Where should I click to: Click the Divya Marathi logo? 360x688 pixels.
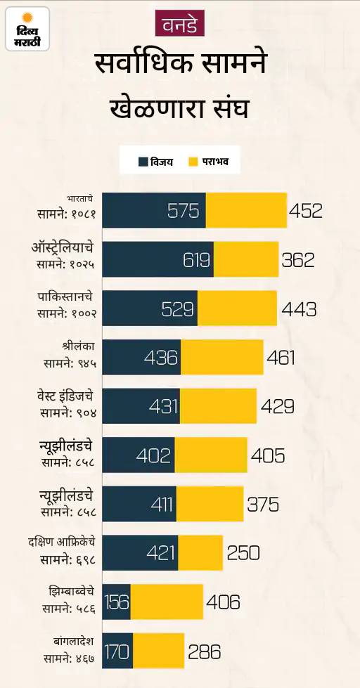point(27,29)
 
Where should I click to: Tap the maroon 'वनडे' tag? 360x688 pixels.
point(180,22)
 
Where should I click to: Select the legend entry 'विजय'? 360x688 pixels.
point(155,162)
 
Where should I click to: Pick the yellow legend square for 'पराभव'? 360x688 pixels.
point(193,162)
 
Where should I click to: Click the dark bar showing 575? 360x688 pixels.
point(154,211)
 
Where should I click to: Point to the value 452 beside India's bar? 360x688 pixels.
point(306,211)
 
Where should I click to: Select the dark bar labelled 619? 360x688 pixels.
point(158,259)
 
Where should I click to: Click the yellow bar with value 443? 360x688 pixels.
point(238,308)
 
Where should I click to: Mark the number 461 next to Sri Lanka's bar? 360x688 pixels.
point(281,358)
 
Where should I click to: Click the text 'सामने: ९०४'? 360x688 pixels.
point(68,413)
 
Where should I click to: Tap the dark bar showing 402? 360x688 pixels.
point(139,455)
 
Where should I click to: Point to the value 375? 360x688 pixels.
point(263,505)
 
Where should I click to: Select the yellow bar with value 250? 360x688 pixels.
point(200,553)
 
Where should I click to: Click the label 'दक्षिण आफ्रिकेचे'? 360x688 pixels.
point(61,543)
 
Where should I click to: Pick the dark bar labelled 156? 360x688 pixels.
point(116,602)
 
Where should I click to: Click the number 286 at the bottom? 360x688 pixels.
point(205,651)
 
